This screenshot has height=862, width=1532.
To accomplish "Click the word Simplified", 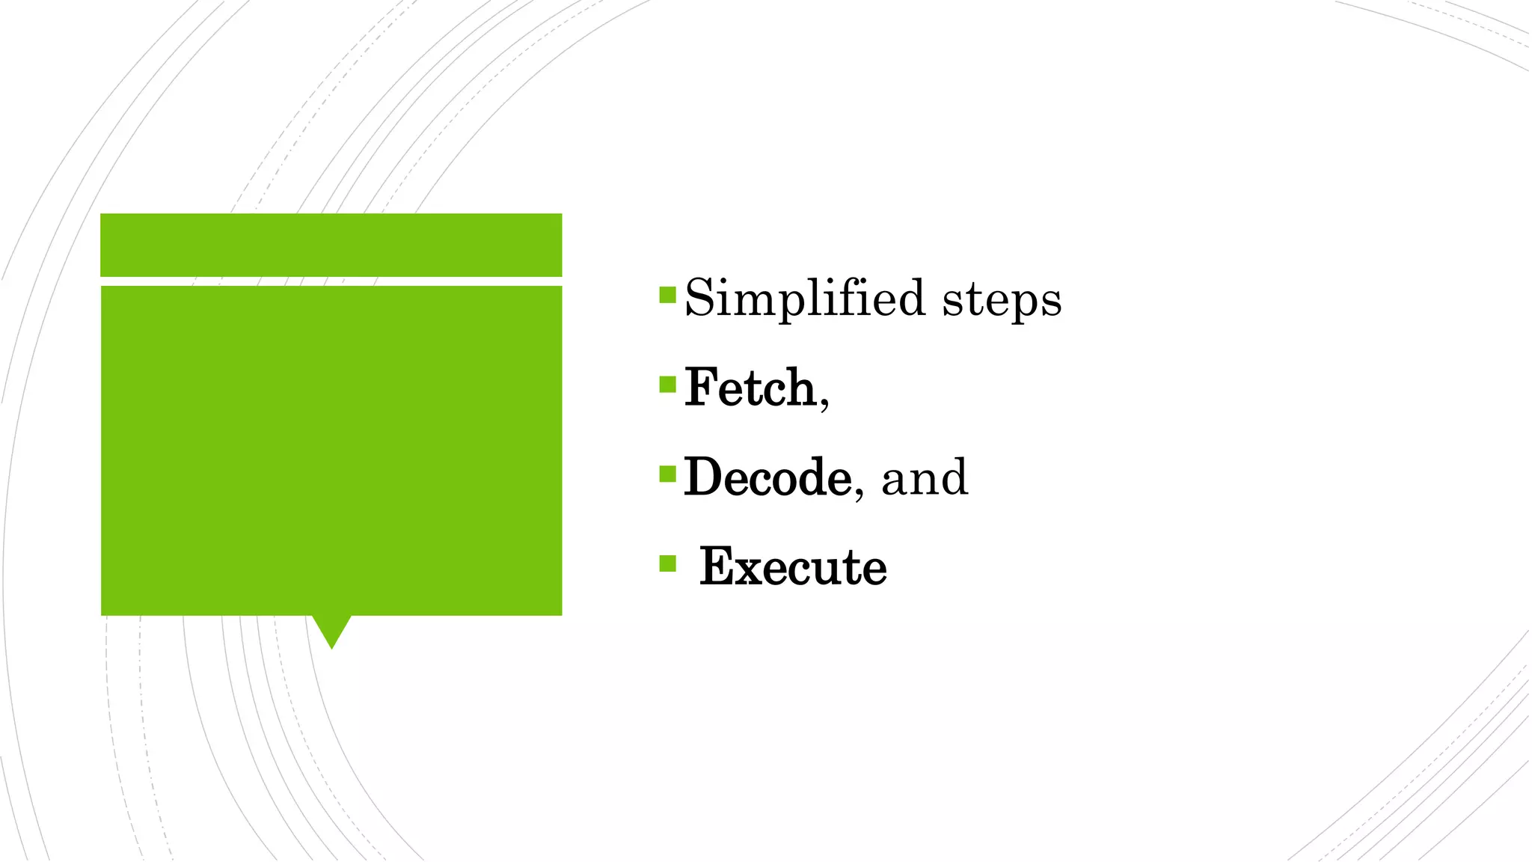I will [x=805, y=299].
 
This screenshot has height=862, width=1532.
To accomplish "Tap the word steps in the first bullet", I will [x=1002, y=300].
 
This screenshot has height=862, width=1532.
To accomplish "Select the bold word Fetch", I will [x=750, y=388].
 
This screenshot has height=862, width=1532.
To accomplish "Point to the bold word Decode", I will [x=767, y=477].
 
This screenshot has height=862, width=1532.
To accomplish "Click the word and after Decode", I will [x=925, y=478].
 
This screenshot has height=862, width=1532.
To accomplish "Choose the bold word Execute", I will [x=793, y=566].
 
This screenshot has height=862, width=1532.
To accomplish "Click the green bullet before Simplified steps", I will [x=667, y=295].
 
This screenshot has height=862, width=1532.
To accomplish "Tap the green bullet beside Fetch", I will [x=667, y=385].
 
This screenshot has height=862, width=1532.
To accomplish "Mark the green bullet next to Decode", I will [x=667, y=474].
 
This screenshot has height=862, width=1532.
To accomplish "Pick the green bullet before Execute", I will [x=667, y=563].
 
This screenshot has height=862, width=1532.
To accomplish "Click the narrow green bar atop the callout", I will [x=331, y=245].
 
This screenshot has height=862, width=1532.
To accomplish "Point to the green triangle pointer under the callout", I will [x=331, y=630].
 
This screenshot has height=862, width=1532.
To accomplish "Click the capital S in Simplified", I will [x=698, y=298].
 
